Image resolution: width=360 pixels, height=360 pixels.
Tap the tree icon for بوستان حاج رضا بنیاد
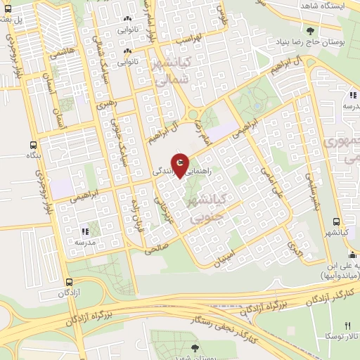[x=310, y=30]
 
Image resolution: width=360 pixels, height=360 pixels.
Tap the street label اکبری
[x=294, y=247]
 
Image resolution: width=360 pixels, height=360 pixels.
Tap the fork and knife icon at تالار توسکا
[x=347, y=326]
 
